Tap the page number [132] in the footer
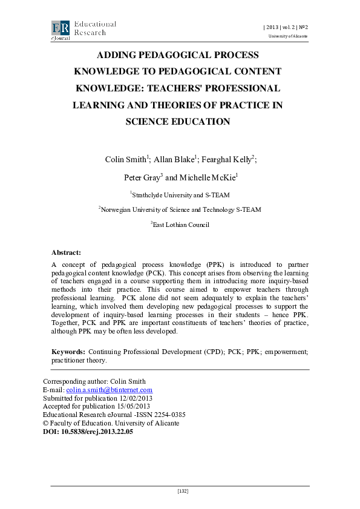click(x=183, y=491)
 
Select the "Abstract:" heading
click(x=66, y=252)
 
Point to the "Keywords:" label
click(x=68, y=351)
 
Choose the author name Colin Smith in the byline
click(x=125, y=160)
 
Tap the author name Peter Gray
click(x=141, y=178)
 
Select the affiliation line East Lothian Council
click(x=181, y=225)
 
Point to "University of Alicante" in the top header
click(x=288, y=36)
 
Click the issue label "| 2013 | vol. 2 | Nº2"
click(x=285, y=27)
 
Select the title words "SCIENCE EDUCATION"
click(x=177, y=121)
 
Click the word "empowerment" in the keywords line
click(x=287, y=351)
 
